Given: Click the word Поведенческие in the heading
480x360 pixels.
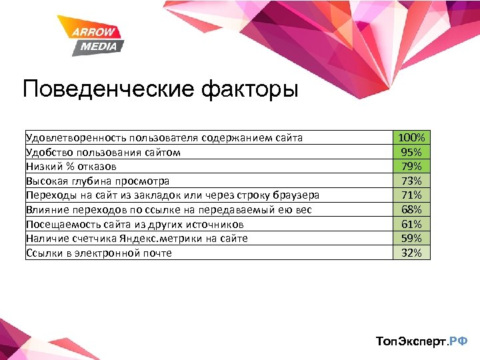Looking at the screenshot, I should [107, 89].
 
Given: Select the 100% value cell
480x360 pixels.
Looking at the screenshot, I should [411, 137].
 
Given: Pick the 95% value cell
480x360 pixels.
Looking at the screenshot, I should [411, 152].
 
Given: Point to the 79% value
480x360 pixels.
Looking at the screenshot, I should [411, 166].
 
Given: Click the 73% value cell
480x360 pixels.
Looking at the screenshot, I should [411, 181].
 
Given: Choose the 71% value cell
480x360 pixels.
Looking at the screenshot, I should [411, 195].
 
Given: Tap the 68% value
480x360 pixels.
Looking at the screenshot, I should [411, 209].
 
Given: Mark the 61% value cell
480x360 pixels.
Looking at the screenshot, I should [411, 224].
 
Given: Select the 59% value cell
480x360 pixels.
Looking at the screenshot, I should [411, 238].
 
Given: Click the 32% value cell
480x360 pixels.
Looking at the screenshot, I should [411, 253].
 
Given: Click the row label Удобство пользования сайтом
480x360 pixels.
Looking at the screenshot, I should [103, 152].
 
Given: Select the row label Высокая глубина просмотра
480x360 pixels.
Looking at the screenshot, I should [97, 181].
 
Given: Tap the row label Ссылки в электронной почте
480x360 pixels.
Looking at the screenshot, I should [99, 253].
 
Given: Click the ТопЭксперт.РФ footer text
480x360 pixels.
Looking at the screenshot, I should [422, 341].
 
